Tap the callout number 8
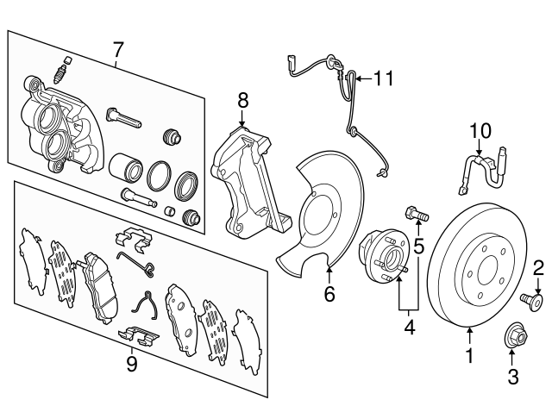[x=242, y=99]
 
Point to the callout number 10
[x=480, y=131]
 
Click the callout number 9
[x=131, y=364]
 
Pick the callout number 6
[x=328, y=296]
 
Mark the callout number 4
[x=411, y=327]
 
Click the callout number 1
[x=470, y=353]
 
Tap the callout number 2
[x=537, y=267]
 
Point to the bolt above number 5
[x=414, y=211]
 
